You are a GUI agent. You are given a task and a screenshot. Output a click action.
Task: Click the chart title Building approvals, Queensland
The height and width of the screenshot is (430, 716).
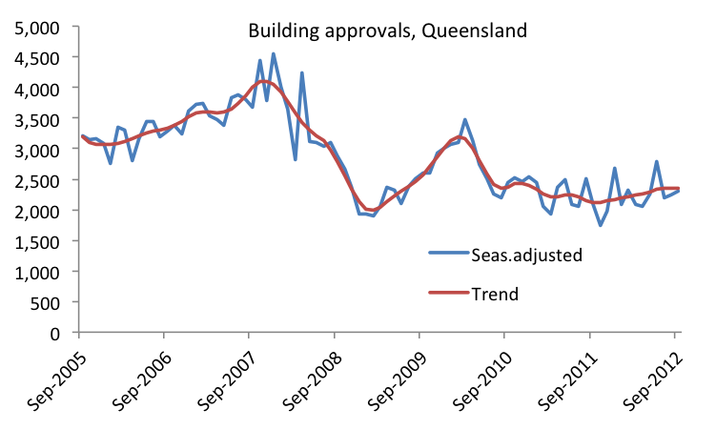pos(387,31)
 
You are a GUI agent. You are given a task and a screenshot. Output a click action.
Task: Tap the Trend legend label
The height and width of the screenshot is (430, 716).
pos(495,294)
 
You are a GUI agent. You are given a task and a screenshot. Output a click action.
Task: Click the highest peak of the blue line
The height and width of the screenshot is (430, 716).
pos(274,54)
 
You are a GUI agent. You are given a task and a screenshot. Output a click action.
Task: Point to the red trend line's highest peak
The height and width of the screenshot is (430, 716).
pos(263,81)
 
